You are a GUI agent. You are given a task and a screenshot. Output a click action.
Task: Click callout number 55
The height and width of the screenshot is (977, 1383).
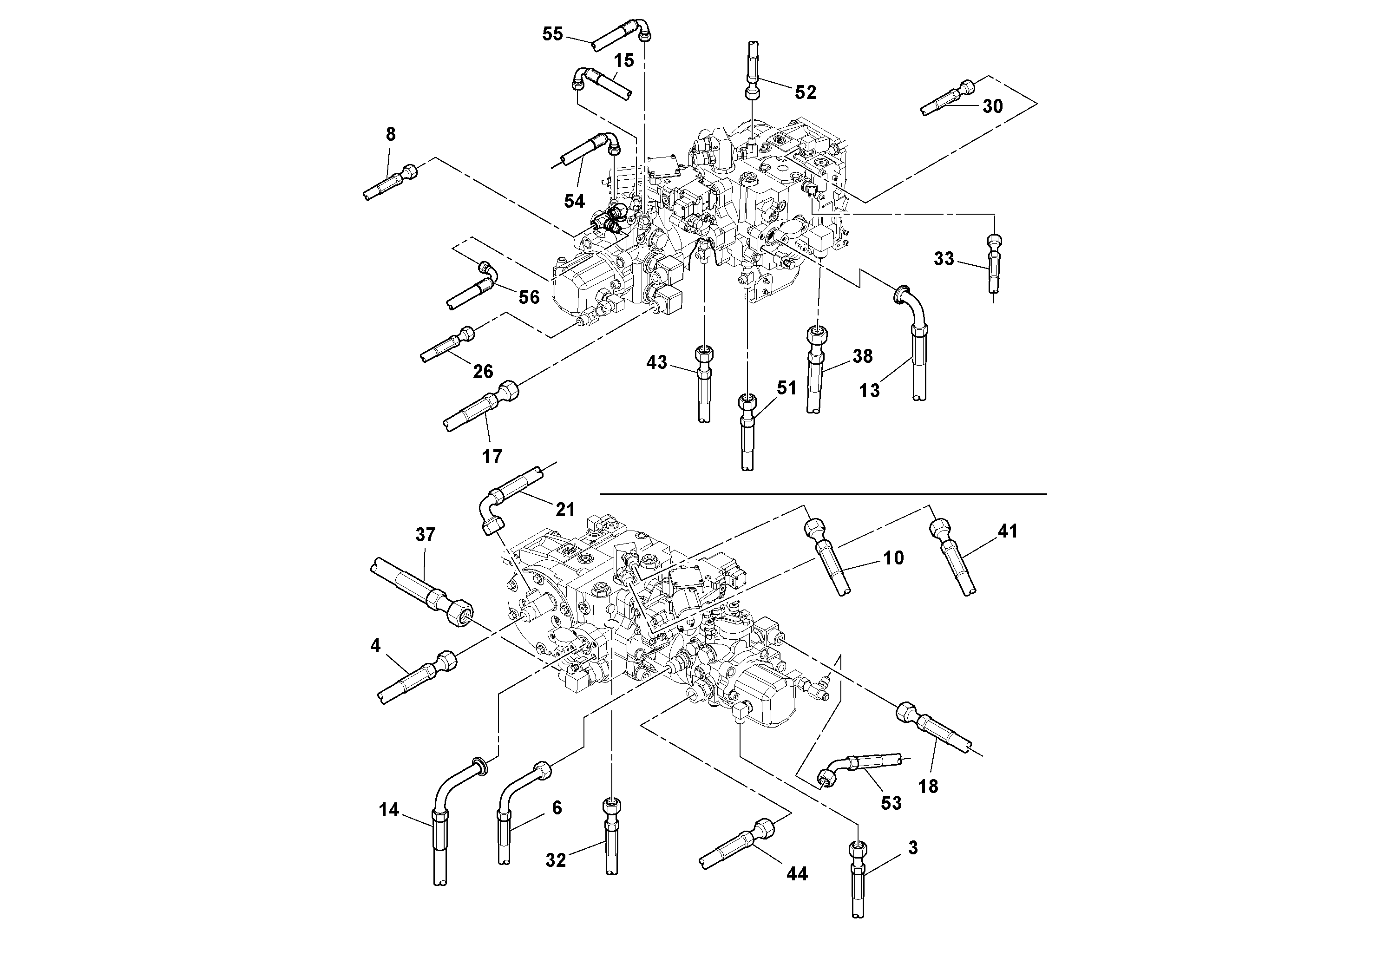[x=552, y=34]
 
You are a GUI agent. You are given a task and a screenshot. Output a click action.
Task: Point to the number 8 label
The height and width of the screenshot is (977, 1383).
[x=390, y=134]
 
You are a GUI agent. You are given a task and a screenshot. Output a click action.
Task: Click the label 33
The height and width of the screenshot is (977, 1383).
[x=944, y=259]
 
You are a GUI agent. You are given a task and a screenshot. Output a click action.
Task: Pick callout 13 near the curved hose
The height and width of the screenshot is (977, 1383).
[x=869, y=391]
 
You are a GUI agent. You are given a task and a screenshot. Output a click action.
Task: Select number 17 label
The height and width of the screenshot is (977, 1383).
[x=492, y=457]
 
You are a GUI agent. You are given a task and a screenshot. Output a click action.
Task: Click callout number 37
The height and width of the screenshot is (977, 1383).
[x=425, y=534]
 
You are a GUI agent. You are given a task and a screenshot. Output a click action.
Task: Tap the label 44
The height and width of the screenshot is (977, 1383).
[x=796, y=874]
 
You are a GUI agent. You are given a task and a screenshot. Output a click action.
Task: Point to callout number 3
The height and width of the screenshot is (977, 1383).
[x=912, y=848]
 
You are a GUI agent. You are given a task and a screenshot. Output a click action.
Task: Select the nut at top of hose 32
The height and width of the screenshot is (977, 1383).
[x=611, y=805]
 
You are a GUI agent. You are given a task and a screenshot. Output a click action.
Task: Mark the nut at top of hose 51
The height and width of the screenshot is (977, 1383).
[x=747, y=402]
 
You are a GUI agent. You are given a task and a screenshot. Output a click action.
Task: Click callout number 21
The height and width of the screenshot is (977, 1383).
[x=564, y=510]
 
